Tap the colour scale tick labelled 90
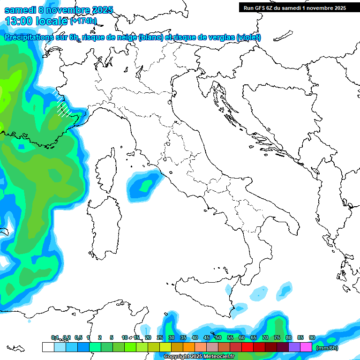(x=312, y=337)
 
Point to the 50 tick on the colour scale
(x=218, y=337)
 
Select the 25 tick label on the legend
(x=160, y=337)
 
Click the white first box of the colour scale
(x=48, y=347)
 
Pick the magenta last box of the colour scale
(x=306, y=347)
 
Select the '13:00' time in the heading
(x=19, y=21)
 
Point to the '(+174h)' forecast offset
(x=83, y=21)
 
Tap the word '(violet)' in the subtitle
(x=248, y=37)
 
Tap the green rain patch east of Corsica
(x=142, y=185)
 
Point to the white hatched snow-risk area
(x=63, y=105)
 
